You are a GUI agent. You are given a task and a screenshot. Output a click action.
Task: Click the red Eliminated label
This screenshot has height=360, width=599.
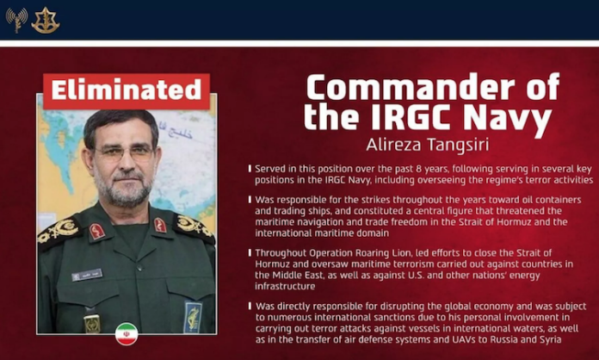(126, 90)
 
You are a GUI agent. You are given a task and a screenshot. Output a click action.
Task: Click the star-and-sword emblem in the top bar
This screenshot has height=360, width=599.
(45, 20)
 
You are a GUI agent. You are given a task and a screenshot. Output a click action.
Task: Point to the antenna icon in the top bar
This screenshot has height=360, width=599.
(16, 20)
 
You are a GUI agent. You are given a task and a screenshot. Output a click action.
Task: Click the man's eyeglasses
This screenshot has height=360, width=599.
(126, 152)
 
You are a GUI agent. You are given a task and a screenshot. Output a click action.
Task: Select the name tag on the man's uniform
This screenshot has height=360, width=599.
(86, 275)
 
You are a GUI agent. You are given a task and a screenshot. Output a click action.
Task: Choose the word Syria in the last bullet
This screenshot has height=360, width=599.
(557, 339)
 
